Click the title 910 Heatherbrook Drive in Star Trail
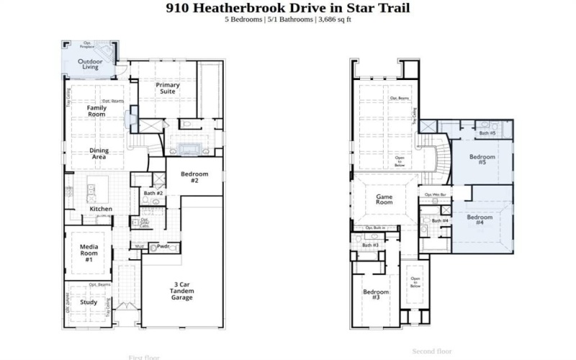pos(288,8)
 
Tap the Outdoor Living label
pos(90,64)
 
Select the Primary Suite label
pos(167,88)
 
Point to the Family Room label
pos(97,111)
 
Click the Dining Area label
pos(99,153)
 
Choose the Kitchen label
pos(101,209)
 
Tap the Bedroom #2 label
pos(194,176)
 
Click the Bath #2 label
pos(153,194)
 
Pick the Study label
pos(89,302)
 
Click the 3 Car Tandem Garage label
pos(181,290)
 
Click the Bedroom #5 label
pos(482,160)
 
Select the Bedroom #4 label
pos(480,220)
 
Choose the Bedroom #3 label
pos(376,295)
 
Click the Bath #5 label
pos(487,133)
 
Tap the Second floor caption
pos(431,351)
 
